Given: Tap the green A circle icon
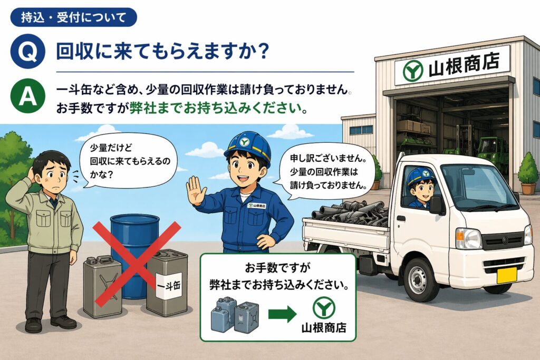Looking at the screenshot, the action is pyautogui.click(x=27, y=96).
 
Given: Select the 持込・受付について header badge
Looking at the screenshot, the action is pyautogui.click(x=74, y=17).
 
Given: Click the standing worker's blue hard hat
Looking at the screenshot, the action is pyautogui.click(x=247, y=145).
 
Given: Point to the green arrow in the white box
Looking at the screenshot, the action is pyautogui.click(x=282, y=314).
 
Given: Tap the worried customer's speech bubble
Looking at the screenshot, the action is pyautogui.click(x=128, y=160).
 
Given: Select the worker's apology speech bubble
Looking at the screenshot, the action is pyautogui.click(x=326, y=172).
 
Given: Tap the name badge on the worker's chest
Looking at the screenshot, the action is pyautogui.click(x=257, y=206).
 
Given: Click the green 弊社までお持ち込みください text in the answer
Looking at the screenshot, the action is pyautogui.click(x=218, y=109).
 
